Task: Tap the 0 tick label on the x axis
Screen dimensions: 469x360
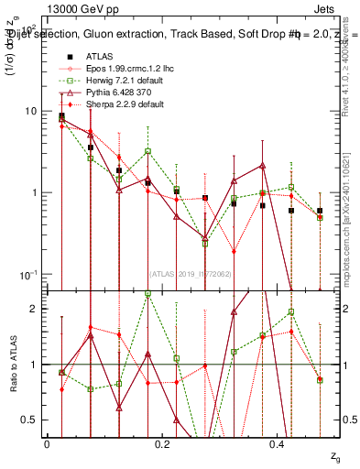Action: pos(47,444)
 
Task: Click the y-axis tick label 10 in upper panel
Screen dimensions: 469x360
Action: pos(30,112)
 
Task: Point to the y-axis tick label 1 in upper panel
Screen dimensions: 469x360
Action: pos(33,193)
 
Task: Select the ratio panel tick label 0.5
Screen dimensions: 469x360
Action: pos(29,420)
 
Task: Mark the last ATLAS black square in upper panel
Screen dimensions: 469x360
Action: pos(320,211)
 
